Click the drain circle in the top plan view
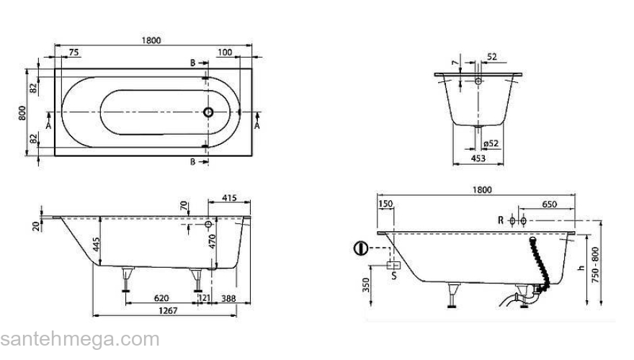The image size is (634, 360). [208, 112]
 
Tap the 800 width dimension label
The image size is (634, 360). [22, 113]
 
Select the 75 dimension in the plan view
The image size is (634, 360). [73, 53]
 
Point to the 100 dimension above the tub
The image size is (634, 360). [225, 52]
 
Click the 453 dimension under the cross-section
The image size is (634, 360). [478, 158]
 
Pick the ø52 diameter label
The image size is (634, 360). [491, 143]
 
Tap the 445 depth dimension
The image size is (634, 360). [97, 244]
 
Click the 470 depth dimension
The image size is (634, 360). [213, 241]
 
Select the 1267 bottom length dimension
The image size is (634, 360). [168, 311]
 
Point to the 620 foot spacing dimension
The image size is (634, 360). [161, 298]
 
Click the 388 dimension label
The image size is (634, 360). [228, 298]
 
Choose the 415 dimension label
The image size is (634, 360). [229, 198]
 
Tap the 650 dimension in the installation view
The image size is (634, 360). [550, 204]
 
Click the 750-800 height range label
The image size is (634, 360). [595, 265]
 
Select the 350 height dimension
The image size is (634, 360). [366, 285]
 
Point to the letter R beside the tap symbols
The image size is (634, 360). [501, 220]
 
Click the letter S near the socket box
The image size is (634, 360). [394, 276]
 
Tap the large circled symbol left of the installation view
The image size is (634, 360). [361, 248]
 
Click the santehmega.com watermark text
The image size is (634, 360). [80, 339]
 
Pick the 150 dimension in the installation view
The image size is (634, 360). [385, 204]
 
